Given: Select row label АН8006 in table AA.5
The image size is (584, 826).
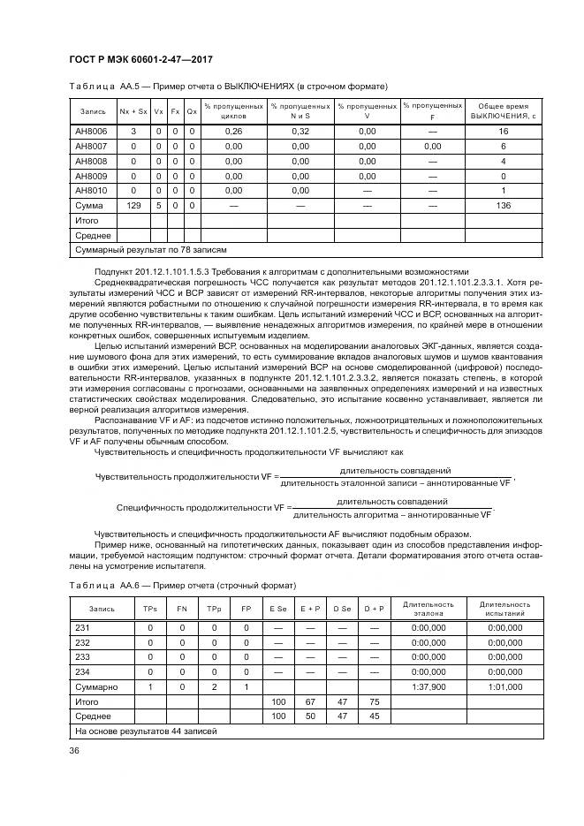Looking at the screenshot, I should coord(92,131).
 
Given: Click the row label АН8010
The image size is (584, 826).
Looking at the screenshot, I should coord(92,190).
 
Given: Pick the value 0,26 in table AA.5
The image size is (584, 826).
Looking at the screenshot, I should coord(233,131).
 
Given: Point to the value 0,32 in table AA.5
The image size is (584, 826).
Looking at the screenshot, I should coord(300,131).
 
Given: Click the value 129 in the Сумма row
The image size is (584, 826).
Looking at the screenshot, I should coord(133,205).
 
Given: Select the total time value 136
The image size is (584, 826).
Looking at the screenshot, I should coord(504,205).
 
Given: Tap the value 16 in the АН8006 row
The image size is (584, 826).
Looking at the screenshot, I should coord(504,131).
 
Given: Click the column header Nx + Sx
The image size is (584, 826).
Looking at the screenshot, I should coord(133,111).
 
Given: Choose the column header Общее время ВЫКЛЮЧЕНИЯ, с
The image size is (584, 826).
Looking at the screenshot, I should coord(504,111).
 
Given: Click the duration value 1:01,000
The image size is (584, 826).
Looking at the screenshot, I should coord(504,686).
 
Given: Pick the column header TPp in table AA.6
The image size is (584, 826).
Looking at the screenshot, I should coord(213,609).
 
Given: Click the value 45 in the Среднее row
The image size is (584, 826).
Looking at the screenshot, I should coord(374,716).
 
